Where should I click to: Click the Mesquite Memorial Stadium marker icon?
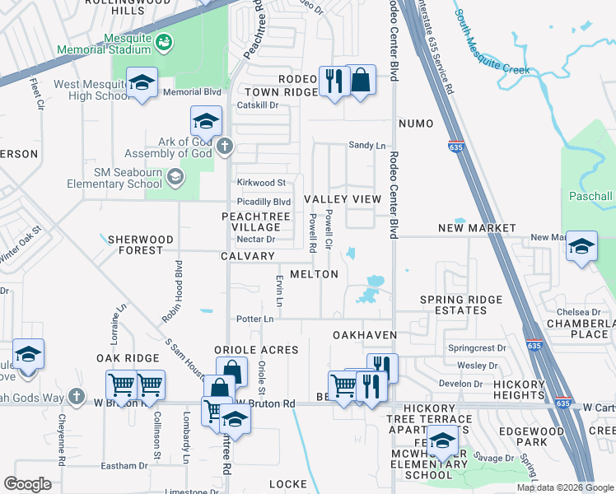click(x=163, y=41)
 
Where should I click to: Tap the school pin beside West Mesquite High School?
click(x=142, y=82)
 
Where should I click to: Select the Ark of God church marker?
click(x=226, y=148)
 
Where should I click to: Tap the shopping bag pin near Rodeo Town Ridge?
click(x=361, y=81)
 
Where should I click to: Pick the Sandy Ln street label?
click(x=367, y=145)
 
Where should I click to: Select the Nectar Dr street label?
click(x=254, y=239)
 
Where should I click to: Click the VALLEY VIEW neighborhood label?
click(x=343, y=200)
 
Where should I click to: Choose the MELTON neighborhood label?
click(x=314, y=274)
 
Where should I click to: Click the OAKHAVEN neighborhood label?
click(x=365, y=336)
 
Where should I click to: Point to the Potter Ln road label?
click(x=254, y=319)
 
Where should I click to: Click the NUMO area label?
click(x=415, y=123)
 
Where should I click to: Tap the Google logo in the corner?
click(x=27, y=484)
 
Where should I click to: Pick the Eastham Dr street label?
click(x=125, y=466)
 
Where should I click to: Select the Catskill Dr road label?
click(x=258, y=105)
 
